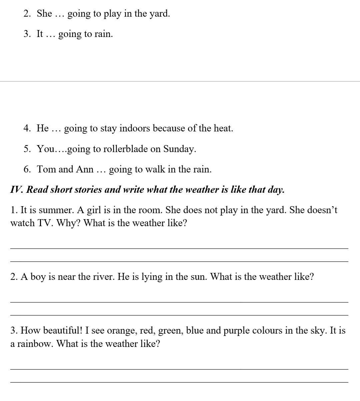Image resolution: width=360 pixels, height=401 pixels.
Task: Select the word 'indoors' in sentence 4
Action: [x=134, y=128]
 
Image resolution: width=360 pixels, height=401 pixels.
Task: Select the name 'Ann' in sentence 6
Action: [x=85, y=169]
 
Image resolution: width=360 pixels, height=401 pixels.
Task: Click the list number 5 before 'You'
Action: [x=26, y=149]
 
